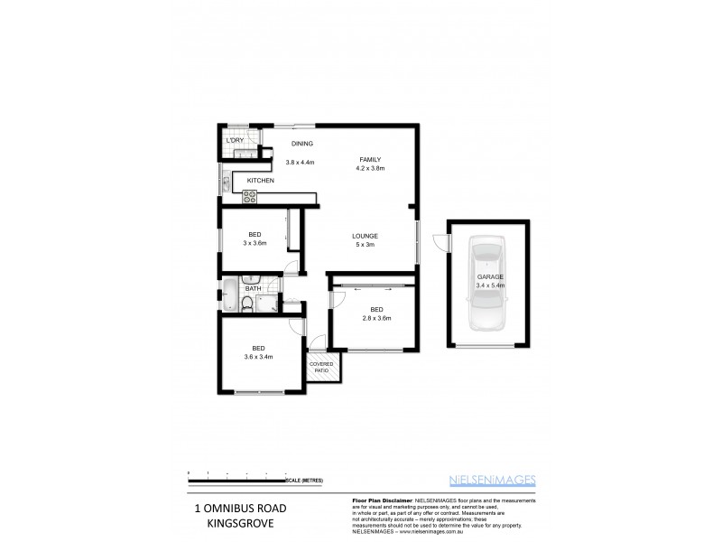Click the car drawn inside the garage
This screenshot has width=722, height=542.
[486, 282]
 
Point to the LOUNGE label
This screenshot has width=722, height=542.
[366, 236]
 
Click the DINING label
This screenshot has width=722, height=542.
[301, 144]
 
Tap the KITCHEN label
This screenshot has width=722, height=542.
[261, 181]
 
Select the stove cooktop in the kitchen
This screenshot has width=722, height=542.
[249, 195]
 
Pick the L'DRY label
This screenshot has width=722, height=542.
[235, 140]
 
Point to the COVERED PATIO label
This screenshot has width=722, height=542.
[320, 368]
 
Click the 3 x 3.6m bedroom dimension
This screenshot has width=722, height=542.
[255, 243]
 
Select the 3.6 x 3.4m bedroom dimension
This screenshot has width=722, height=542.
[258, 357]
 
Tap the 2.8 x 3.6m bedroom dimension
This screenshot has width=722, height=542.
[376, 318]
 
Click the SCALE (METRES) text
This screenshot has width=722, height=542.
[303, 481]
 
